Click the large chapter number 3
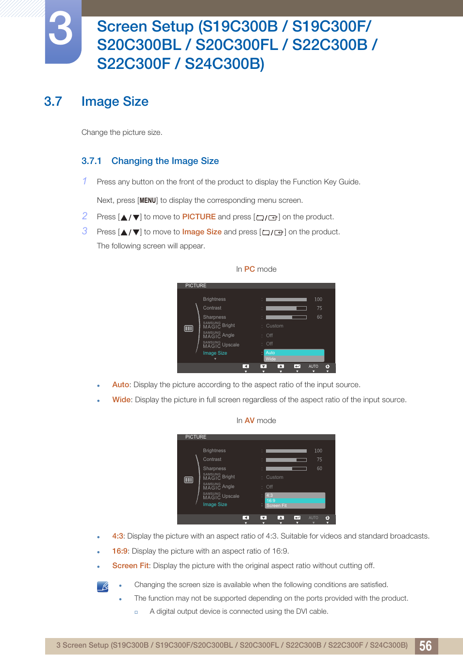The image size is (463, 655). coord(61,30)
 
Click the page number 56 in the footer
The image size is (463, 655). coord(426,646)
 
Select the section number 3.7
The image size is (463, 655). coord(53,101)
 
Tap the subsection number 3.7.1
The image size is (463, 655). coord(91,161)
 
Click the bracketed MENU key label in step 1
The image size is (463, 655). coord(148,200)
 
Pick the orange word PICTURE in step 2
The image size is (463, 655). coord(198,217)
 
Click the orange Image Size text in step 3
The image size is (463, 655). coord(201,232)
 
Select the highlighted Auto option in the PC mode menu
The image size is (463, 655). coord(294,353)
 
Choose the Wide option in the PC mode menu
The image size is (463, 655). coord(294,359)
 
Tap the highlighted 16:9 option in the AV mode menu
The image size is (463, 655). coord(295,501)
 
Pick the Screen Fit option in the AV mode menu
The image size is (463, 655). coord(295,506)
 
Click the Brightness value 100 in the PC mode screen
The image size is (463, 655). coord(318,299)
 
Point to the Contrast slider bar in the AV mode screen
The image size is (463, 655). coord(286,459)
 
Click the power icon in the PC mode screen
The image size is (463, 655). coord(328,366)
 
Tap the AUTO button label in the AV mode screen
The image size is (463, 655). coord(314,518)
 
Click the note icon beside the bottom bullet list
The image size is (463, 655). coord(102,587)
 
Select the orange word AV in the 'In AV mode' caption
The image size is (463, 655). coord(249,421)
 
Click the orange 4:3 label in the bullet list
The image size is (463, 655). coord(118,536)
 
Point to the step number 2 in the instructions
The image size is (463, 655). coord(85,216)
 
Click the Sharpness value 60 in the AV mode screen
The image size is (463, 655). coord(319,469)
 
